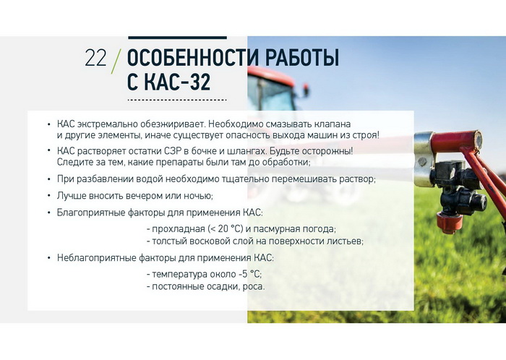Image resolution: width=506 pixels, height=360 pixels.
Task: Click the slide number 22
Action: tap(95, 59)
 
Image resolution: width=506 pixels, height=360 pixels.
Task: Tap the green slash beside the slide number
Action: tap(116, 61)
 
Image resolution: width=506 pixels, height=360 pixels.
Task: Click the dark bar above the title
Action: tap(178, 38)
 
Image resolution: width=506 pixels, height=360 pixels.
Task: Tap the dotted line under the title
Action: tap(177, 100)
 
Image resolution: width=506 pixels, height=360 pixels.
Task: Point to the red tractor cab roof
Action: tap(271, 75)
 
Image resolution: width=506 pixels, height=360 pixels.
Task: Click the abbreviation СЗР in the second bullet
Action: tap(173, 151)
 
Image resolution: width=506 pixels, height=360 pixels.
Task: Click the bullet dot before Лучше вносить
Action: tap(48, 195)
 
